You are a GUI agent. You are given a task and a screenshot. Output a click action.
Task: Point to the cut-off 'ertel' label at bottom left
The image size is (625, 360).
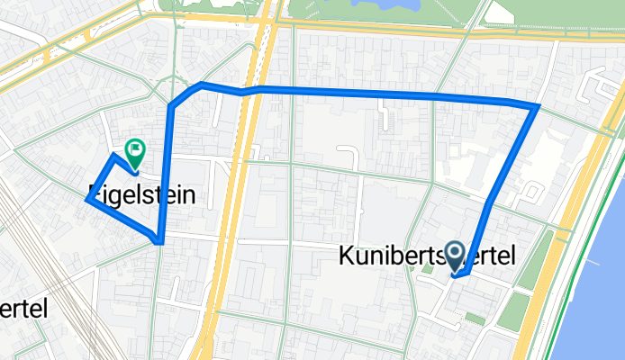click(23, 307)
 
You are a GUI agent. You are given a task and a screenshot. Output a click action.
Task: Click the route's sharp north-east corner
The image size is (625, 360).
click(538, 106)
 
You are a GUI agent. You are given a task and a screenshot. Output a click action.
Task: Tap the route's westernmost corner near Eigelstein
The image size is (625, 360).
click(86, 200)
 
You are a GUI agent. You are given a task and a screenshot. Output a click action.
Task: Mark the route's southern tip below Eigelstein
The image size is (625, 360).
click(159, 242)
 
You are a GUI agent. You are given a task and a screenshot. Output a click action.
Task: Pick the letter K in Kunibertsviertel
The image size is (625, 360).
click(347, 256)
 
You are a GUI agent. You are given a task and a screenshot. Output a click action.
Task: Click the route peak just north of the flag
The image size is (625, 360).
click(113, 156)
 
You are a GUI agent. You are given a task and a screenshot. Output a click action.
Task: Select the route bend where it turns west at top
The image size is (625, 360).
click(200, 85)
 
